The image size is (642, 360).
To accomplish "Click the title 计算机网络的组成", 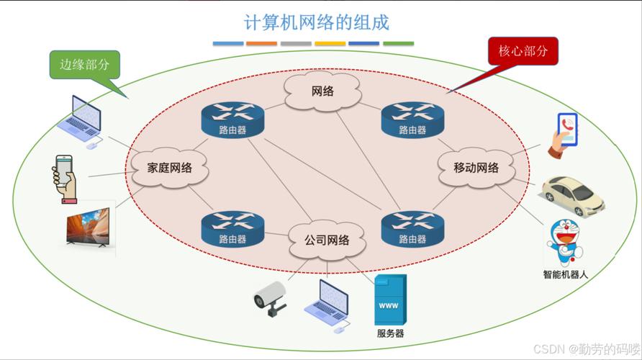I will (x=317, y=22).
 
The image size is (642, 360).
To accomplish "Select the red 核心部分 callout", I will (x=523, y=52).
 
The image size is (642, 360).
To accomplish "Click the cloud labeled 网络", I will (x=322, y=91).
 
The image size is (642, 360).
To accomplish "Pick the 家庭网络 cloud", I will (x=170, y=168).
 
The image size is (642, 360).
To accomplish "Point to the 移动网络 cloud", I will (x=476, y=168).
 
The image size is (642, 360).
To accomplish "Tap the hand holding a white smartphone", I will (x=65, y=178).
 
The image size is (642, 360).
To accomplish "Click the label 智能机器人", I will (x=566, y=274).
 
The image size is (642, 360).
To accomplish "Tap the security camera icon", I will (x=271, y=297).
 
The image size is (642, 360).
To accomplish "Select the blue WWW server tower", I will (x=389, y=300).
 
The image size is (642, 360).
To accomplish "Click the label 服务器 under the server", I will (x=390, y=333).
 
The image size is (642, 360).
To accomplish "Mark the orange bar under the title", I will (x=261, y=43).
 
